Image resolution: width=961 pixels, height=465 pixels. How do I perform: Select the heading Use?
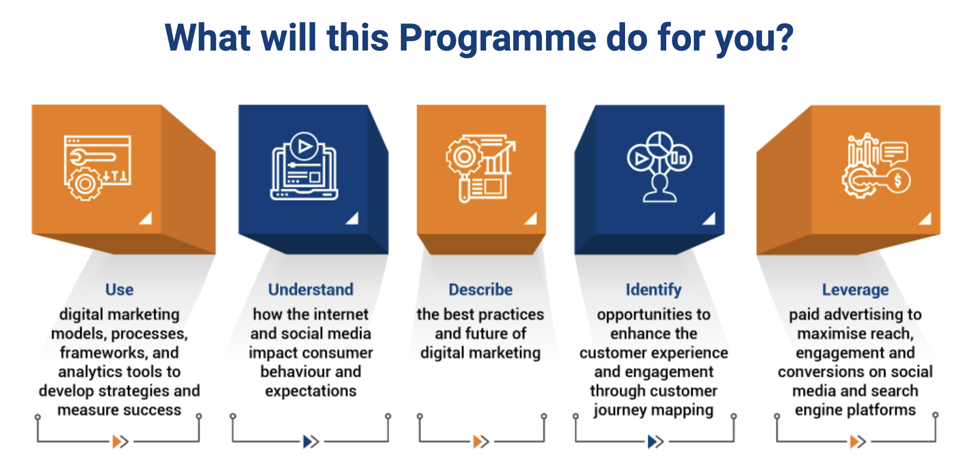(x=119, y=290)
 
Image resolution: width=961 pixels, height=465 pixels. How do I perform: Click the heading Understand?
(x=311, y=290)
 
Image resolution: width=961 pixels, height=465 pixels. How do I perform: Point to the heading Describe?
(x=480, y=290)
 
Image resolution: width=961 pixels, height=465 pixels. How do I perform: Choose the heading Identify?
(x=654, y=290)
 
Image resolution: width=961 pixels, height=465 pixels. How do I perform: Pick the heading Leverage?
(x=855, y=290)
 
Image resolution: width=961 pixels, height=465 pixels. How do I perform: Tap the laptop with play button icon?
(x=304, y=166)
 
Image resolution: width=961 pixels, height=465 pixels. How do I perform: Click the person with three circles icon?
(x=660, y=167)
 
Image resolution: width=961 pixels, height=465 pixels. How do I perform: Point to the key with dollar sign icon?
(x=876, y=166)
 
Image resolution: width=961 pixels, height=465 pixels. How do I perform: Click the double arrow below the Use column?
(x=121, y=441)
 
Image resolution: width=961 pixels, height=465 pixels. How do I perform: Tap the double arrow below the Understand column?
(x=311, y=441)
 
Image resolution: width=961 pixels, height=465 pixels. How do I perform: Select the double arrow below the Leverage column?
(x=858, y=441)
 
